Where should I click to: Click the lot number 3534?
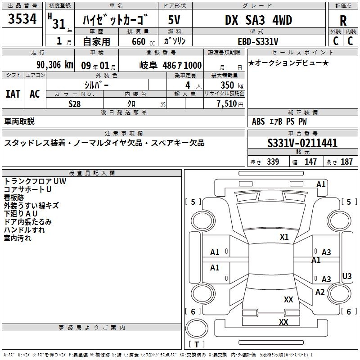click(22, 20)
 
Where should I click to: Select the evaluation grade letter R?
click(343, 21)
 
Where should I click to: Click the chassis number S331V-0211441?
click(302, 144)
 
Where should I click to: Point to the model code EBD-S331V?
click(258, 41)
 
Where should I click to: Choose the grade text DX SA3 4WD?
click(258, 20)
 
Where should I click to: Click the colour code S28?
click(74, 103)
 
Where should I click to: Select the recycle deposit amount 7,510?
click(229, 103)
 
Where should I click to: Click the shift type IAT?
click(13, 94)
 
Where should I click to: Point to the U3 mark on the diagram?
click(347, 276)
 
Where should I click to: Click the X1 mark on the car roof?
click(284, 237)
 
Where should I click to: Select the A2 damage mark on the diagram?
click(320, 292)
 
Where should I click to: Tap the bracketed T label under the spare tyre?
click(196, 344)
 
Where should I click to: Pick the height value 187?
click(347, 162)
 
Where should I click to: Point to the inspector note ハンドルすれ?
click(24, 230)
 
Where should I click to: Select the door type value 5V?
click(175, 20)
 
